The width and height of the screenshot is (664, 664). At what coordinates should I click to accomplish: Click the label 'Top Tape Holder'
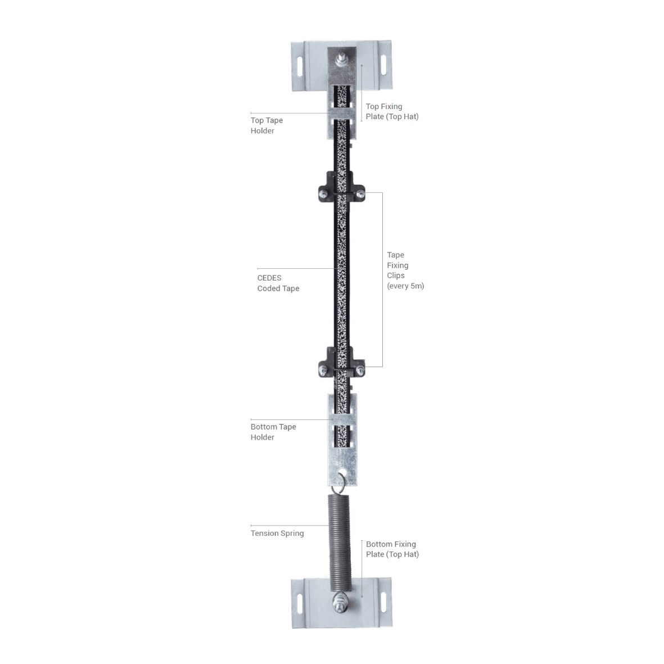[x=267, y=125]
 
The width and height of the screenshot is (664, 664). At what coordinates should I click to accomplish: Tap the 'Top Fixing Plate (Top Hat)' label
[x=392, y=111]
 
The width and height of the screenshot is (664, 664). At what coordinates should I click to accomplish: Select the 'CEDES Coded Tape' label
[x=278, y=283]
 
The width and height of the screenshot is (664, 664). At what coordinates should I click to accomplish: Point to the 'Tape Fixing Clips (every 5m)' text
[x=405, y=270]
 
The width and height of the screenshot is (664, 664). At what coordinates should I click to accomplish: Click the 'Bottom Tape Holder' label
[x=273, y=432]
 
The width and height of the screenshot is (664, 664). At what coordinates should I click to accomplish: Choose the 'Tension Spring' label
[x=277, y=533]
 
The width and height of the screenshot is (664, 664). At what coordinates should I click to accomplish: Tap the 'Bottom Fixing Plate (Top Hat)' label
[x=392, y=549]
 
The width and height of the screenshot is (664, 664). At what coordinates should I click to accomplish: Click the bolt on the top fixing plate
[x=341, y=59]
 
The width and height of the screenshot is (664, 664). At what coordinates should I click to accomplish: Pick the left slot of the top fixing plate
[x=300, y=66]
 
